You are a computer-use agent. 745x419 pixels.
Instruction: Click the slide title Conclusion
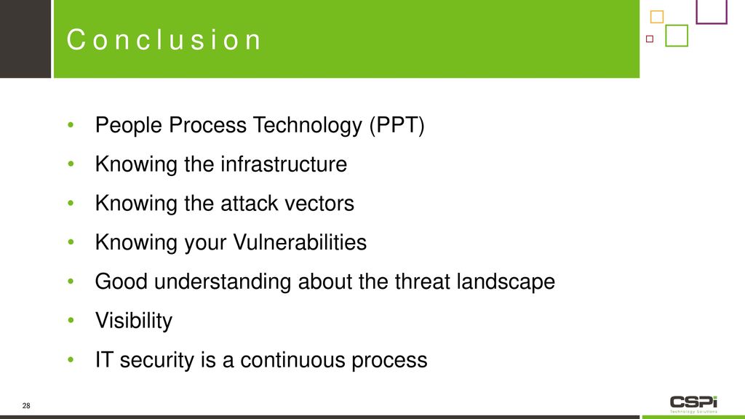pyautogui.click(x=164, y=39)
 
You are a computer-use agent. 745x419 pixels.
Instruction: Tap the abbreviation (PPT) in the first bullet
pyautogui.click(x=397, y=125)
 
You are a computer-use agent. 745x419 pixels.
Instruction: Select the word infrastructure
pyautogui.click(x=284, y=164)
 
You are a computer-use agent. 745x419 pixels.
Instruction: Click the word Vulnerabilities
pyautogui.click(x=300, y=242)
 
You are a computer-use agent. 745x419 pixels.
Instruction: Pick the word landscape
pyautogui.click(x=506, y=282)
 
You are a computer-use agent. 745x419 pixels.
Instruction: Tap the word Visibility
pyautogui.click(x=134, y=321)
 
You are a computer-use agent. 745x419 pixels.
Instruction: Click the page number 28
pyautogui.click(x=26, y=406)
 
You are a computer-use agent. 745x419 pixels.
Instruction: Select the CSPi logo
pyautogui.click(x=693, y=404)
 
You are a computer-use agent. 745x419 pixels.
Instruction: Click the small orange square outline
pyautogui.click(x=657, y=17)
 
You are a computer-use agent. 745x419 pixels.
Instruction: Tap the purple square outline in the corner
pyautogui.click(x=712, y=12)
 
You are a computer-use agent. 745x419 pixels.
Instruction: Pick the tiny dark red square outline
pyautogui.click(x=650, y=39)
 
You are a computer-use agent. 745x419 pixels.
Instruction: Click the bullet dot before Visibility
pyautogui.click(x=71, y=320)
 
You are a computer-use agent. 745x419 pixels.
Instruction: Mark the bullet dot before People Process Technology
pyautogui.click(x=71, y=125)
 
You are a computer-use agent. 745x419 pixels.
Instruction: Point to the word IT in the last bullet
pyautogui.click(x=104, y=360)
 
